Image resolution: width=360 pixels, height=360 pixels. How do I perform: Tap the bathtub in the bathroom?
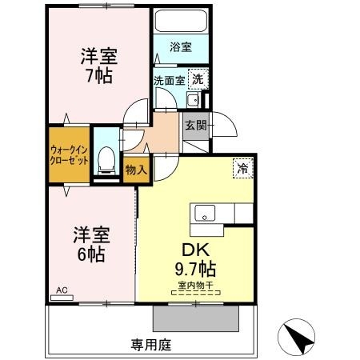coord(181,22)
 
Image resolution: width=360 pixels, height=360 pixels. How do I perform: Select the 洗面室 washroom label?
coord(170,79)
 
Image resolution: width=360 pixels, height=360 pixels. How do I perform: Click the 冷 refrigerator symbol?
coord(240,168)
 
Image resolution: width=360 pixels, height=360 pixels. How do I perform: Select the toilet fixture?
coord(105,160)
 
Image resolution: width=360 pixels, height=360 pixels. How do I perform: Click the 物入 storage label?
coord(136,169)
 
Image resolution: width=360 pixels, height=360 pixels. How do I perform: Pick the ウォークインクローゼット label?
coord(68,154)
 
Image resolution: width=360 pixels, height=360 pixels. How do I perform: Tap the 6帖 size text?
coord(90,254)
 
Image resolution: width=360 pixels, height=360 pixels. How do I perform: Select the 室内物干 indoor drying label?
coord(197,285)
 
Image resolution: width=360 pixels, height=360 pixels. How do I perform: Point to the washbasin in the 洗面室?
coord(193,99)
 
